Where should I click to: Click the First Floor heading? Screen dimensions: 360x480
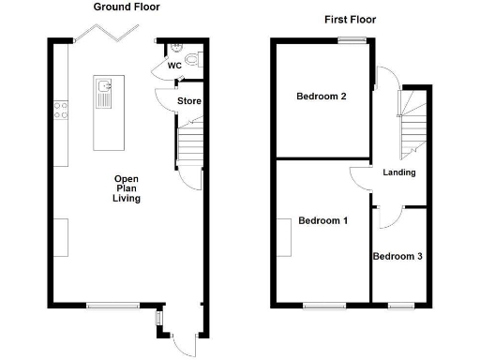tap(352, 19)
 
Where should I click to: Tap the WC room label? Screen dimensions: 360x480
tap(174, 67)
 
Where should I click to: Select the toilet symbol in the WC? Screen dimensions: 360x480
tap(192, 59)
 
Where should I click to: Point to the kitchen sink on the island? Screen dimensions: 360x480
tap(103, 93)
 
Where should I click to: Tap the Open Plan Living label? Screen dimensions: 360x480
tap(127, 188)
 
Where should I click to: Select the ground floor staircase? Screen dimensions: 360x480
tap(189, 145)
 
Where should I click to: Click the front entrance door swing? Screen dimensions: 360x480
tap(187, 344)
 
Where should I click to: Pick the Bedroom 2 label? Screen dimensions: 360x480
tap(322, 97)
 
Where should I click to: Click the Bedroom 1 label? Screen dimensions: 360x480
tap(322, 221)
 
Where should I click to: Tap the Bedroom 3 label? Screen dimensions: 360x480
tap(397, 256)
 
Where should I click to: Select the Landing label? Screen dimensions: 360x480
tap(399, 172)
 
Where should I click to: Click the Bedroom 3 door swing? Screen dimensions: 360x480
tap(389, 217)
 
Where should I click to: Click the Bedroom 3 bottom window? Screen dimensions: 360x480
tap(401, 304)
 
